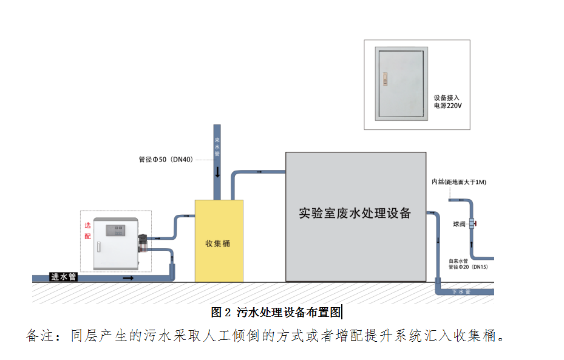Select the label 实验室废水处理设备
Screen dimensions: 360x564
coord(355,213)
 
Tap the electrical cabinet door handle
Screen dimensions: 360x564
coord(384,77)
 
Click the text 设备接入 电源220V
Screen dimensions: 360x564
coord(447,101)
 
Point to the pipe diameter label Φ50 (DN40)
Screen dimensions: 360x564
coord(166,160)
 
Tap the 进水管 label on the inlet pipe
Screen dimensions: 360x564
coord(63,277)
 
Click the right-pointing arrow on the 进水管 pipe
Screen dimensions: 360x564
coord(128,277)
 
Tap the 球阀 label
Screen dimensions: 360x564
coord(459,224)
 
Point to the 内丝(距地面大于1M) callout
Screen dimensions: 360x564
coord(458,182)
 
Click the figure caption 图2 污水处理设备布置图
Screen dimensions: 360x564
coord(276,313)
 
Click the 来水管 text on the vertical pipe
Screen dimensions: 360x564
coord(217,146)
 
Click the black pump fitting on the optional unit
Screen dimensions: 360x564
coord(144,242)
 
